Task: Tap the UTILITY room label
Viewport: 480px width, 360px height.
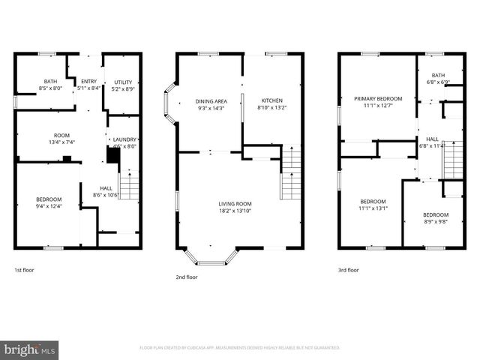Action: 123,85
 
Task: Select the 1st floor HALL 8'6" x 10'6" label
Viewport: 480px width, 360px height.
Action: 105,191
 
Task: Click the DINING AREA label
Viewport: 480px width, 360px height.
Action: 211,104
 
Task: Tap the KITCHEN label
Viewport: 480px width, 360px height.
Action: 271,104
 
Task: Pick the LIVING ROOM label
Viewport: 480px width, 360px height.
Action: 235,208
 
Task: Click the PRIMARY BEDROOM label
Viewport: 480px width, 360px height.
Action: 378,102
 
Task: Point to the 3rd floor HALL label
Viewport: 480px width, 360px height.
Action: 433,142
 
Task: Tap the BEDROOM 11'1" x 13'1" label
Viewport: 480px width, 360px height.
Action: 373,205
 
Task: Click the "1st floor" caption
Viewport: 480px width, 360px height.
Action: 24,269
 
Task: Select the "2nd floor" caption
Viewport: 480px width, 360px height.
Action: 187,277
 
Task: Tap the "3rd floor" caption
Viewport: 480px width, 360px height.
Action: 349,269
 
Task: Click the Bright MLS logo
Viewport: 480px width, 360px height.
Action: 30,349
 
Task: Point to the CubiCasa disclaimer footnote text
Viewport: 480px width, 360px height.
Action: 240,348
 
